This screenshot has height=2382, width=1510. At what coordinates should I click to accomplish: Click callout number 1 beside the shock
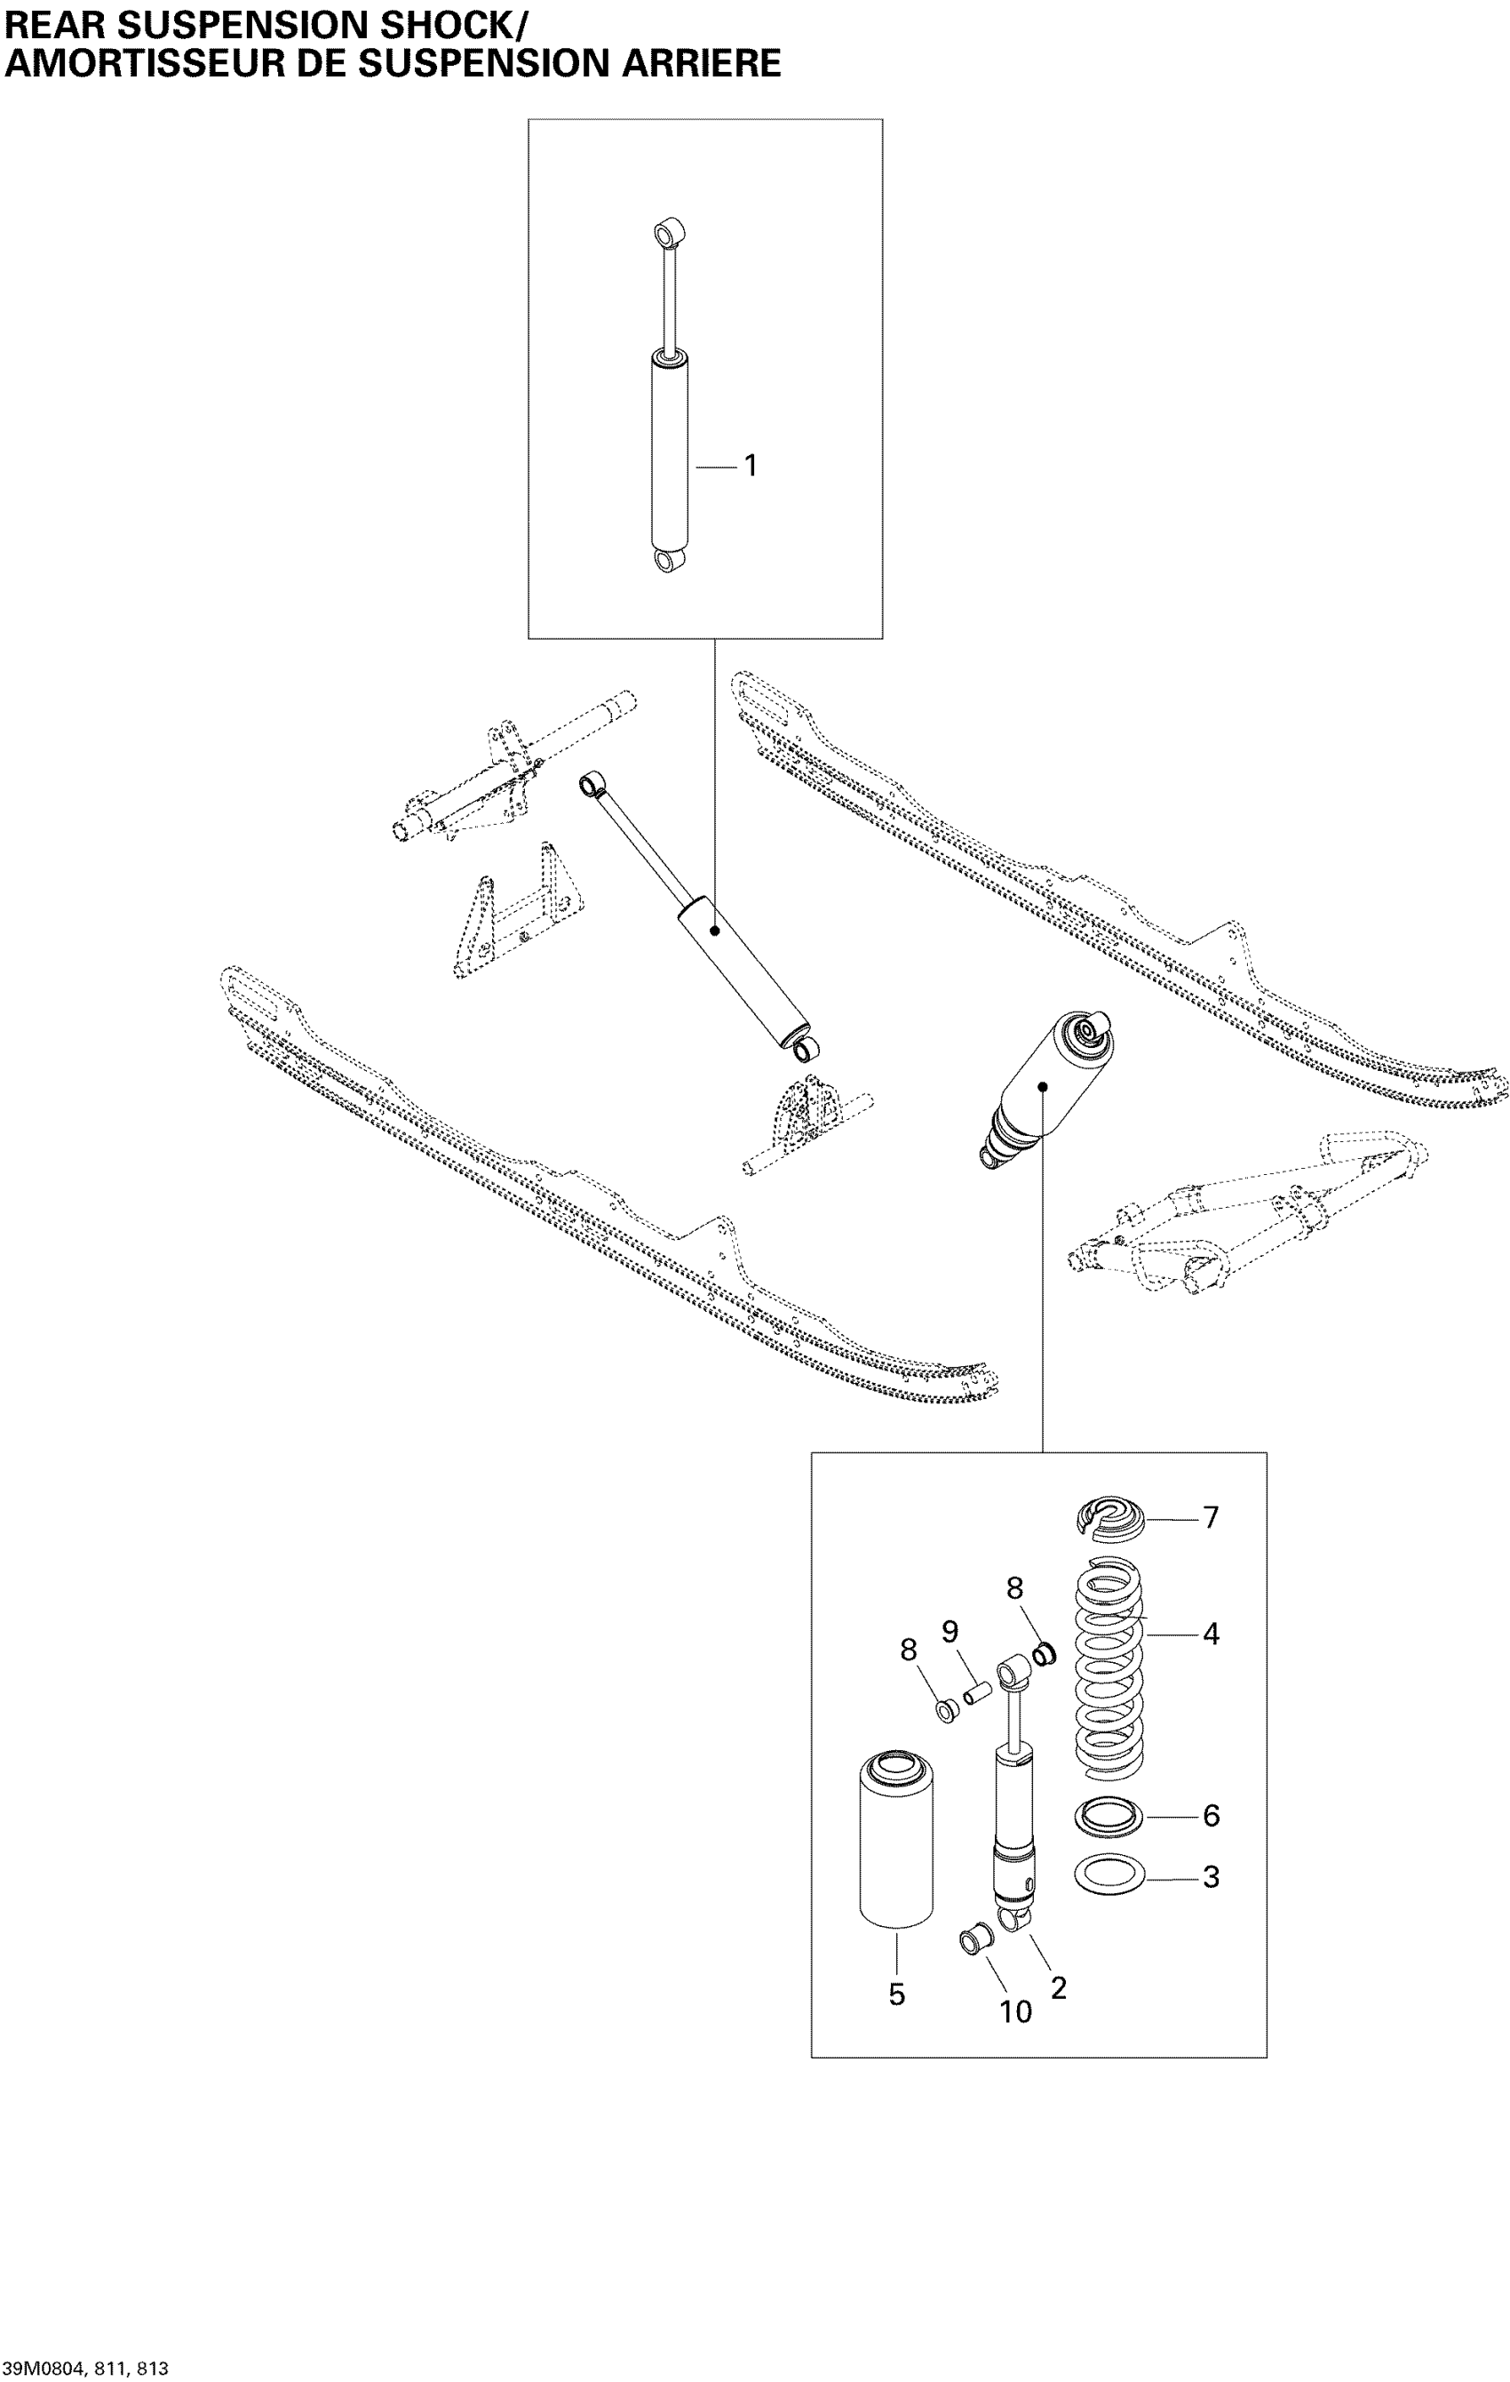(751, 465)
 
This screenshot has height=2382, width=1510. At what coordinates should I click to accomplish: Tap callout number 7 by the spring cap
(1211, 1517)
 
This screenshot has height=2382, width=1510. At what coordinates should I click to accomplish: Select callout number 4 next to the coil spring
(1211, 1635)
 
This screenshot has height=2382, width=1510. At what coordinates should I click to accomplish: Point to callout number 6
(1211, 1815)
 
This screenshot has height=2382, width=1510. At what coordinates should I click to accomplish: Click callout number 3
(1211, 1876)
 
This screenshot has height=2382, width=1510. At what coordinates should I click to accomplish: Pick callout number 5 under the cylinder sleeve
(896, 1994)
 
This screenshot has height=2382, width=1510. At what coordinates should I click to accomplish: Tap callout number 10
(1015, 2011)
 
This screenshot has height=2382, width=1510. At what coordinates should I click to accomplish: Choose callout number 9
(950, 1631)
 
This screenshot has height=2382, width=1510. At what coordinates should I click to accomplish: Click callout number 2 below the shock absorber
(1058, 1987)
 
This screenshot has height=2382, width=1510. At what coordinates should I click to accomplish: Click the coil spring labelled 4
(1109, 1672)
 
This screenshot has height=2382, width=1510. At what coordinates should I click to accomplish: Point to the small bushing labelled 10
(974, 1941)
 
